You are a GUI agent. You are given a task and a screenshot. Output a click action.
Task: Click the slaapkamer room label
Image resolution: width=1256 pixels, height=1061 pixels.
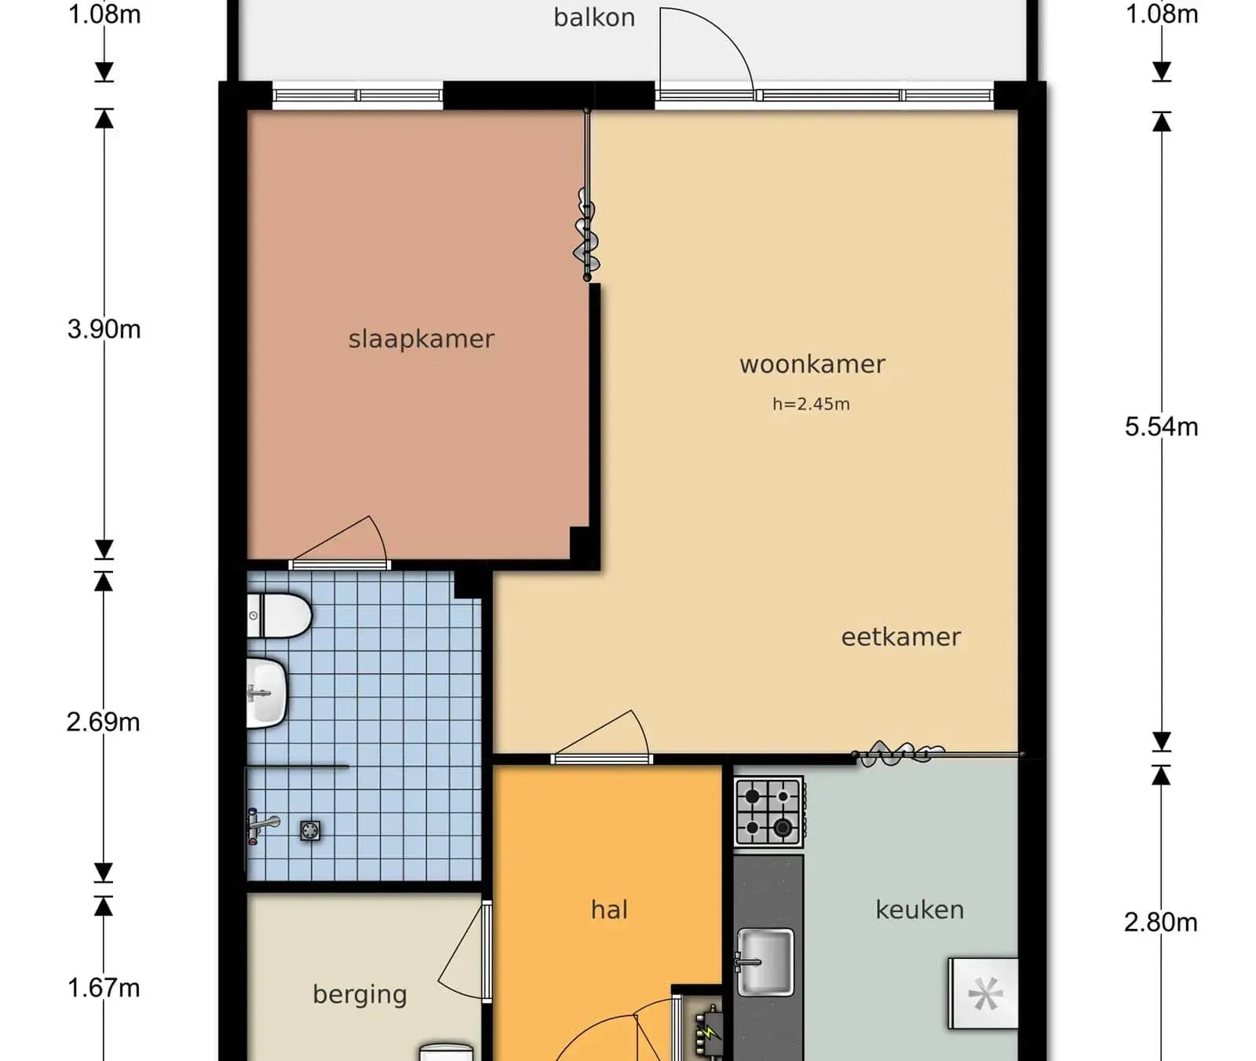[422, 339]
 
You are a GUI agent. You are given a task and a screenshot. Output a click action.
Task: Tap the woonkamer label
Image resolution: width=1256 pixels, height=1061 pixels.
[812, 364]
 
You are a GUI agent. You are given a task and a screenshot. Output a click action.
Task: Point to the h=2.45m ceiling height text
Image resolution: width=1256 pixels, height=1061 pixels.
[811, 404]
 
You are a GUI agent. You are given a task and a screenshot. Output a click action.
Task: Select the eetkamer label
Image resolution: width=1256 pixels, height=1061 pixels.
[901, 637]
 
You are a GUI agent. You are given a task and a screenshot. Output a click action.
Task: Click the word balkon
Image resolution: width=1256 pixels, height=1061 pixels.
[594, 17]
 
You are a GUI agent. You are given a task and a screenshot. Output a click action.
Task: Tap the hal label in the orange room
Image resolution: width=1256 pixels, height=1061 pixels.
[609, 909]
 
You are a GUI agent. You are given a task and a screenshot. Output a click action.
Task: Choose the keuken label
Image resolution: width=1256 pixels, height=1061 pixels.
[920, 909]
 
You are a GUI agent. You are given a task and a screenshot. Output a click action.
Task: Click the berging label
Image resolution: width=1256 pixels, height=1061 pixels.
[360, 995]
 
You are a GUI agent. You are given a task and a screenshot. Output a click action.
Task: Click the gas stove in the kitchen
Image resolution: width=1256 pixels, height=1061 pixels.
[769, 811]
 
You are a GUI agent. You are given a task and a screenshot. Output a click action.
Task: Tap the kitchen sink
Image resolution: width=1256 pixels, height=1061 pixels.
[765, 960]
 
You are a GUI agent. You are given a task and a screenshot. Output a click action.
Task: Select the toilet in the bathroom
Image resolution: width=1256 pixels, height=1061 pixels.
[279, 616]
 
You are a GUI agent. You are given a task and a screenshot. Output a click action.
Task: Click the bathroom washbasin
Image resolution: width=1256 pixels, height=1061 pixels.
[267, 693]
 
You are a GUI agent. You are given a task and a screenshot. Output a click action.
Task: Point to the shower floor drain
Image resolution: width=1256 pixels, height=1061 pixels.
[310, 830]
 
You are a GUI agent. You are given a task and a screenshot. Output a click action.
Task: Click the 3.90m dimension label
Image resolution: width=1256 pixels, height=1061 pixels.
[104, 329]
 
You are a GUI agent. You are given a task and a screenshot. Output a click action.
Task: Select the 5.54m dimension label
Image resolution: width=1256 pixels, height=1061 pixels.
[1162, 427]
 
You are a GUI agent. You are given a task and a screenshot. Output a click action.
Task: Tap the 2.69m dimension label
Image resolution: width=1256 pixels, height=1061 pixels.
[104, 723]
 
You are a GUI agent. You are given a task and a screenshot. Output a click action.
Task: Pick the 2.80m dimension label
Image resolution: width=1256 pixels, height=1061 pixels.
[1161, 922]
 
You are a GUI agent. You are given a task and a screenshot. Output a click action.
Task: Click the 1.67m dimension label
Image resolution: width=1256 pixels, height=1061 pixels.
[104, 988]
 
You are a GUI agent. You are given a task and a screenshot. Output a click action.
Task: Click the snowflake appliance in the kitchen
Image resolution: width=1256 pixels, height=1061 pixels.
[984, 993]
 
